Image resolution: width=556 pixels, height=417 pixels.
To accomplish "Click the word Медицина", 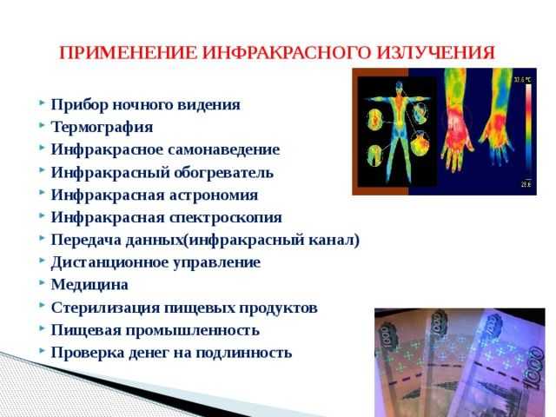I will tap(89, 284).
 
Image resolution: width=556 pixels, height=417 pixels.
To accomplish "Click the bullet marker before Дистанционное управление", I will tap(42, 261).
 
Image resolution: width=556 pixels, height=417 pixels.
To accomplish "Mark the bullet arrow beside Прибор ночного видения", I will tap(42, 104).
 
